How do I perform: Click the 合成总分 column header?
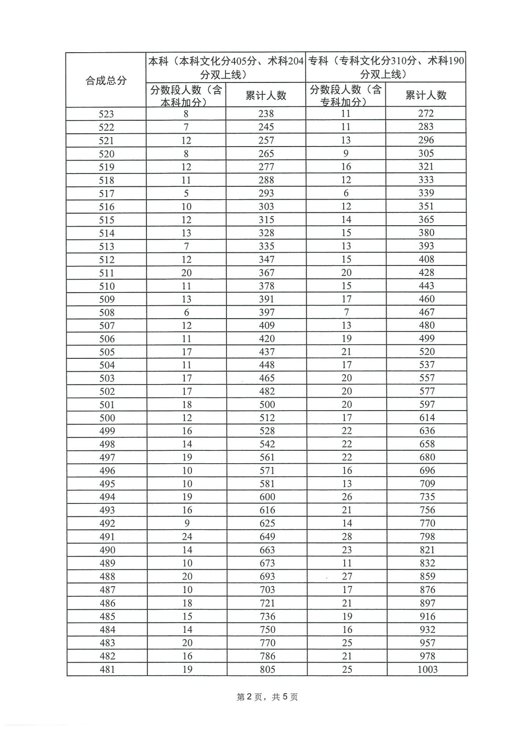106,80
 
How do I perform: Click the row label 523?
106,114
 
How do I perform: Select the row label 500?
107,418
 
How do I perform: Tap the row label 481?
107,669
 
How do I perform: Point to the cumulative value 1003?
427,669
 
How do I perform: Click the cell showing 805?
267,669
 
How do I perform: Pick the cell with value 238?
266,114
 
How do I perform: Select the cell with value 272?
426,114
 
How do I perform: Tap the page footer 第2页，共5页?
267,697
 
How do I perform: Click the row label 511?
107,273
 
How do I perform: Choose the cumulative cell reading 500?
267,404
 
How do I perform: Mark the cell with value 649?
267,537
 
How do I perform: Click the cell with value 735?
427,497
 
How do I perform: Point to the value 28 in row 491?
347,537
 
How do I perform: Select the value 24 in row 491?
187,537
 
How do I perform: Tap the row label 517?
107,194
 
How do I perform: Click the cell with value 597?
427,404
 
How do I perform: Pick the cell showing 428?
426,273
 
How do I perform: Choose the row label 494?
107,497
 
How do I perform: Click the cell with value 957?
427,643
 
